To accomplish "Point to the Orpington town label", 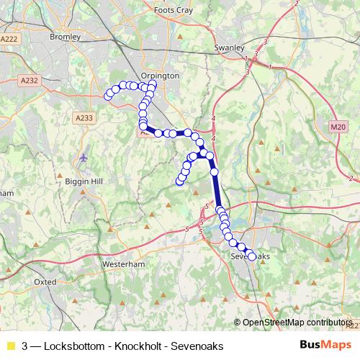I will coord(161,75).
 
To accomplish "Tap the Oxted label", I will coord(45,282).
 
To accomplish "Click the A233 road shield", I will coord(84,117).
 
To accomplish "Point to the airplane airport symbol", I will coord(85,157).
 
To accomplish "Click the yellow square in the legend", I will coord(10,346).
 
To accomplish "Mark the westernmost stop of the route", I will coord(109,95).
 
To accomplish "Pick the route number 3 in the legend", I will coord(25,346).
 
